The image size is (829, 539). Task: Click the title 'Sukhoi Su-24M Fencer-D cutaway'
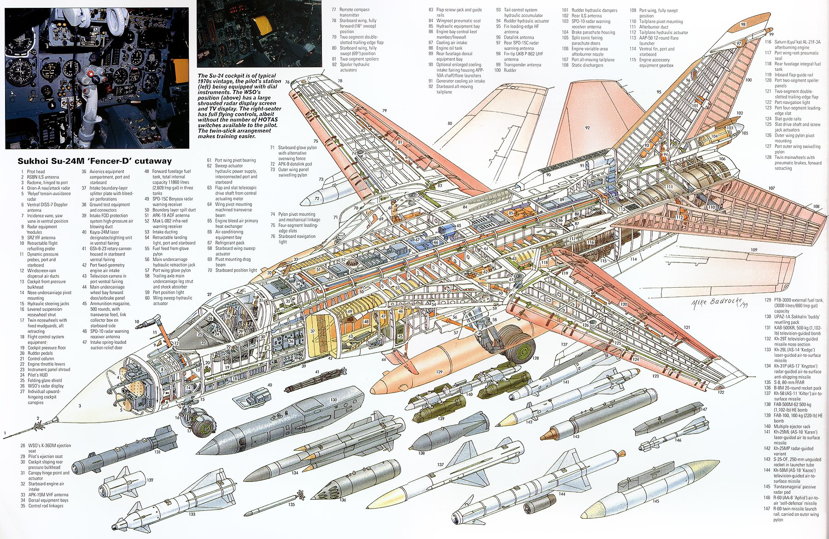94,161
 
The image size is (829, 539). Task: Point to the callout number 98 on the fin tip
743,24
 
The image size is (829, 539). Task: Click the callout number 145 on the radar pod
656,501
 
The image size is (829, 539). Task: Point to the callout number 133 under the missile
191,514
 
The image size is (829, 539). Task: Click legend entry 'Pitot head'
36,172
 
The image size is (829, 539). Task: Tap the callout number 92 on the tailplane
587,128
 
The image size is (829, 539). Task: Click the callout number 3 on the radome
80,406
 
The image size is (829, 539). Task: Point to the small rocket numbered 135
295,498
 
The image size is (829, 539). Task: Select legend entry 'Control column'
41,359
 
